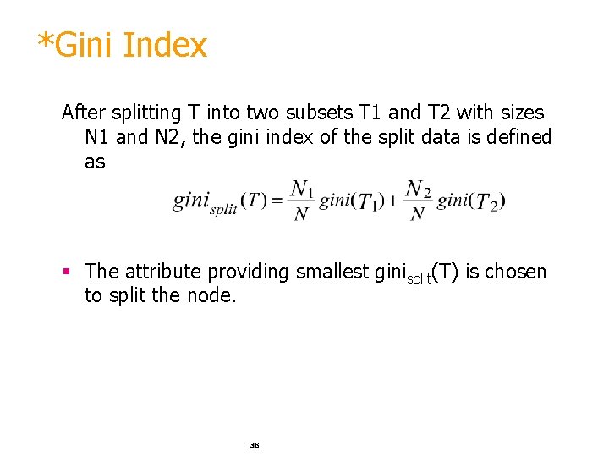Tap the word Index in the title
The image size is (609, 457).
[x=164, y=45]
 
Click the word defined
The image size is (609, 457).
[x=520, y=137]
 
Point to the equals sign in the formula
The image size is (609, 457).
[x=277, y=201]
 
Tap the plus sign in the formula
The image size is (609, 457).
[x=394, y=201]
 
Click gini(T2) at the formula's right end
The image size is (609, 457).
[x=472, y=201]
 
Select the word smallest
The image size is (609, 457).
[x=332, y=272]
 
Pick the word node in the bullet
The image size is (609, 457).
[x=215, y=296]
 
